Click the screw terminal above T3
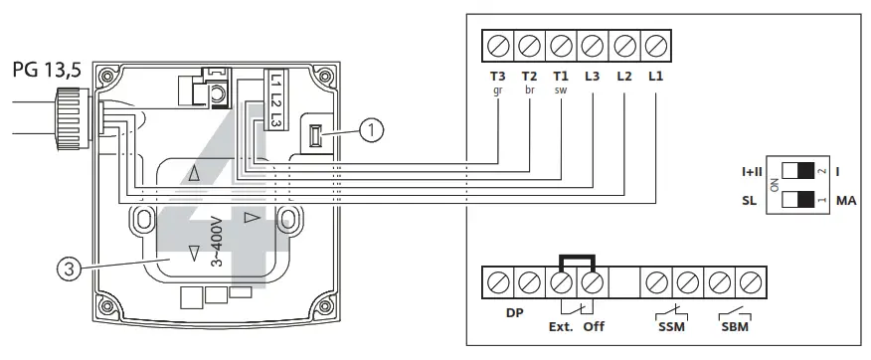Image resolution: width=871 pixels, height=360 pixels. [497, 45]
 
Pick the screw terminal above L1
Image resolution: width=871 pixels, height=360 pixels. [655, 45]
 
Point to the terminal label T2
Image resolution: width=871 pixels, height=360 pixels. [529, 76]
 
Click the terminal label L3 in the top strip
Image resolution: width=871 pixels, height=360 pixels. [592, 76]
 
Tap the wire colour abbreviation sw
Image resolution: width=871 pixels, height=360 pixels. [560, 90]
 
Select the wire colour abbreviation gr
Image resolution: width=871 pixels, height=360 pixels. [497, 90]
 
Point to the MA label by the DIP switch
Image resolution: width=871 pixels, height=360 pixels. [847, 201]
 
